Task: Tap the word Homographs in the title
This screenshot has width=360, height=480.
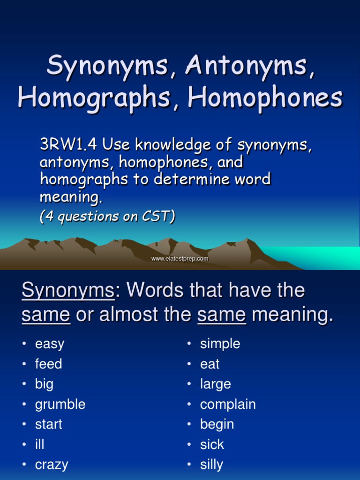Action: point(97,98)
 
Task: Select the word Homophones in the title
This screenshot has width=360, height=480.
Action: point(265,98)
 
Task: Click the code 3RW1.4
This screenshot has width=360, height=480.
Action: point(68,145)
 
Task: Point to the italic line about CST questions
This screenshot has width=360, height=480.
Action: point(107,217)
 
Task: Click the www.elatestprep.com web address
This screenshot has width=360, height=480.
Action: point(180,259)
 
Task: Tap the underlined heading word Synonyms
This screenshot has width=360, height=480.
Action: point(68,291)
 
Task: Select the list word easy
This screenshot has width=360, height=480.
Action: point(50,344)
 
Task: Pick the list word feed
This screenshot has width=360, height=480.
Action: point(49,364)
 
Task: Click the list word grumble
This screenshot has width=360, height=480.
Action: point(60,404)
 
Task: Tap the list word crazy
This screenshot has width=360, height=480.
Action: point(52,465)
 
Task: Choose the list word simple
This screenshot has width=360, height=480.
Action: point(220,344)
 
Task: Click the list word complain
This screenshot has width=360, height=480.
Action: point(228,404)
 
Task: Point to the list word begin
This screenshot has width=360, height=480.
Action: point(217,425)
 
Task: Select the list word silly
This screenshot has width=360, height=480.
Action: point(211,465)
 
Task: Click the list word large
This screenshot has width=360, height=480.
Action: point(216,384)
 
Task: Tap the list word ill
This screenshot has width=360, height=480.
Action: point(40,444)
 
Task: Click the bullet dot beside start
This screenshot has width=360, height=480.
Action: point(23,425)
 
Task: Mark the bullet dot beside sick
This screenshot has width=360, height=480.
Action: point(189,444)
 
